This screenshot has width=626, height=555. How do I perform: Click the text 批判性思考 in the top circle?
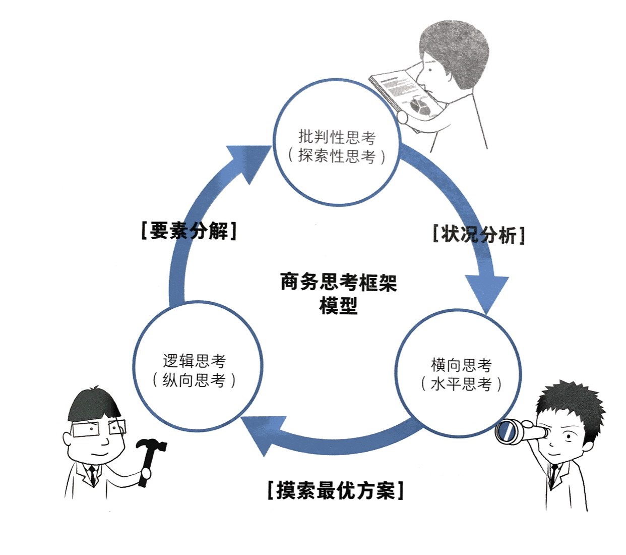(337, 137)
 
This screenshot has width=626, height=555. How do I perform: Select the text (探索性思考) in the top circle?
(337, 156)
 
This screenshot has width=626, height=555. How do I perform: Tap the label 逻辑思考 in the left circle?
(194, 361)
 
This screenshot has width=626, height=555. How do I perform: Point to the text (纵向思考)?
(194, 380)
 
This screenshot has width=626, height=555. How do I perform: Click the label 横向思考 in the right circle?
(461, 364)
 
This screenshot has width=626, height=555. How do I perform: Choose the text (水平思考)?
(461, 384)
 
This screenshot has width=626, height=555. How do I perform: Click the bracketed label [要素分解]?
(189, 231)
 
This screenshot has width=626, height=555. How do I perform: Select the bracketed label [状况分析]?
(478, 235)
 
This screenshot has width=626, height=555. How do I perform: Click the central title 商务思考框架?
(338, 282)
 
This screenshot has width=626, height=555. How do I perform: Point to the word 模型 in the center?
(338, 306)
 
